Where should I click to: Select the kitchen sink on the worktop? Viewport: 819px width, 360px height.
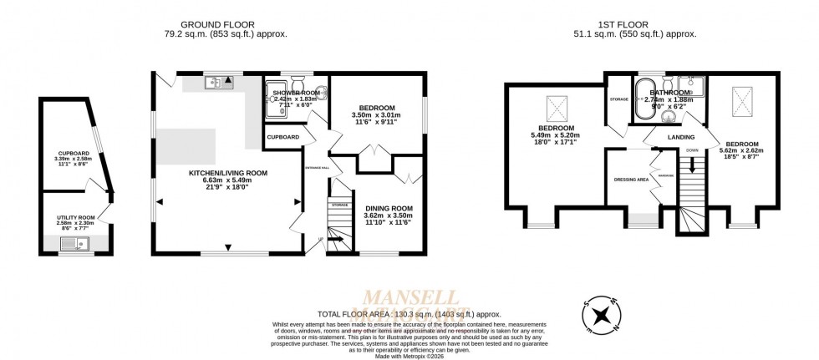click(x=219, y=82)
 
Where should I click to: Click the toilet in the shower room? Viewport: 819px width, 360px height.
click(x=296, y=83)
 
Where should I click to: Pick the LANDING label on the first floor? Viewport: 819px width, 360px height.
click(x=681, y=138)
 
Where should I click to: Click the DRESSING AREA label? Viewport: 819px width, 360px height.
click(x=631, y=179)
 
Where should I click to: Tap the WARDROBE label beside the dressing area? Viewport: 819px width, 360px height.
click(x=666, y=175)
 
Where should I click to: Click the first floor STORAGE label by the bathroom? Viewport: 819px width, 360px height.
click(x=618, y=99)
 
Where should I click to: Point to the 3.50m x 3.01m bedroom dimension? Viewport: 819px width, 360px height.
click(x=374, y=115)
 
